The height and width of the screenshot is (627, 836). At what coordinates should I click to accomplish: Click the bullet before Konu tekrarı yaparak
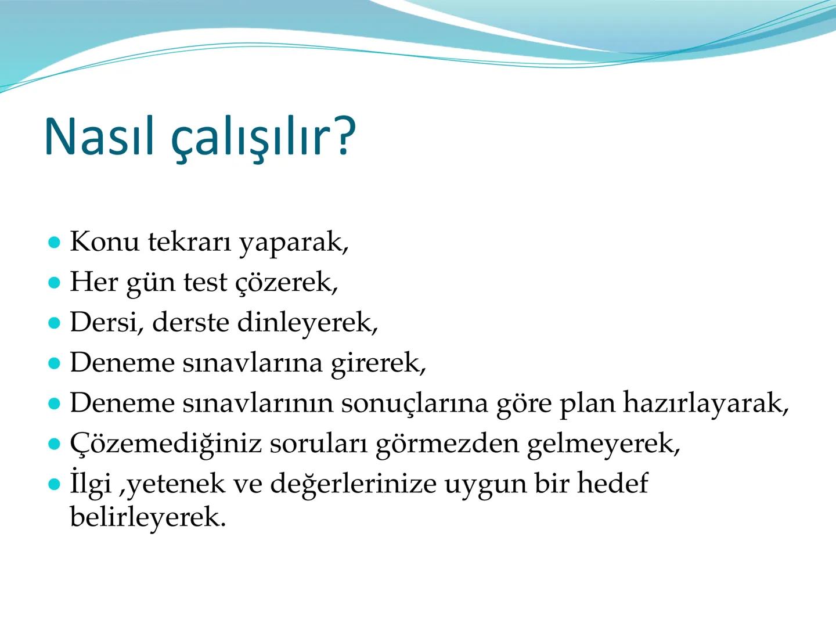(55, 242)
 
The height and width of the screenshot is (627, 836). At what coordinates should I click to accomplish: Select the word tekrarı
(189, 242)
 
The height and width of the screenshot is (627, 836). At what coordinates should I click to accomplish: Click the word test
(205, 282)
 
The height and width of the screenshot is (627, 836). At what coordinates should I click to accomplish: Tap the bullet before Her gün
(55, 283)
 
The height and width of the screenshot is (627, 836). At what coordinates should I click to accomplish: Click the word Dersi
(106, 322)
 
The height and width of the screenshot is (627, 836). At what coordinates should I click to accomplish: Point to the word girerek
(378, 363)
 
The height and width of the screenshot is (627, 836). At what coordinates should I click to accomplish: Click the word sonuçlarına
(414, 403)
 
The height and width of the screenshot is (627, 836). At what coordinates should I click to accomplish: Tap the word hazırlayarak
(705, 403)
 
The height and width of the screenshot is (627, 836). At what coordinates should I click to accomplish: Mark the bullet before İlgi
(55, 484)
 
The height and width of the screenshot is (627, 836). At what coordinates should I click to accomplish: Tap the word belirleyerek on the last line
(147, 517)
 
